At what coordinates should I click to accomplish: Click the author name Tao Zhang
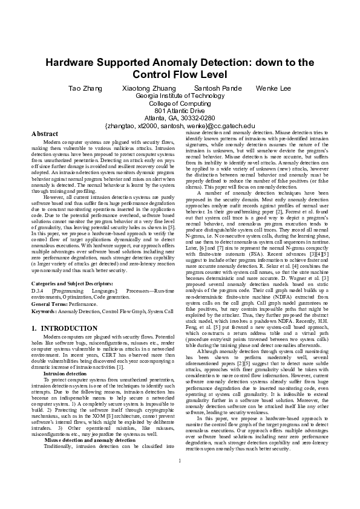(x=83, y=88)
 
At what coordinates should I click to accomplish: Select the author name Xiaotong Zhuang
(x=145, y=88)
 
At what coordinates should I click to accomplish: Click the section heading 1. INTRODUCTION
(x=64, y=328)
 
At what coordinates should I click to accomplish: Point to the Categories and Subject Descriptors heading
(x=71, y=283)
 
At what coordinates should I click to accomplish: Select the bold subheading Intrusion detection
(x=65, y=374)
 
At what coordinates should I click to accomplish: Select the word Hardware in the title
(x=72, y=63)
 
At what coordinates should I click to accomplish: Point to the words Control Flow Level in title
(x=180, y=75)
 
